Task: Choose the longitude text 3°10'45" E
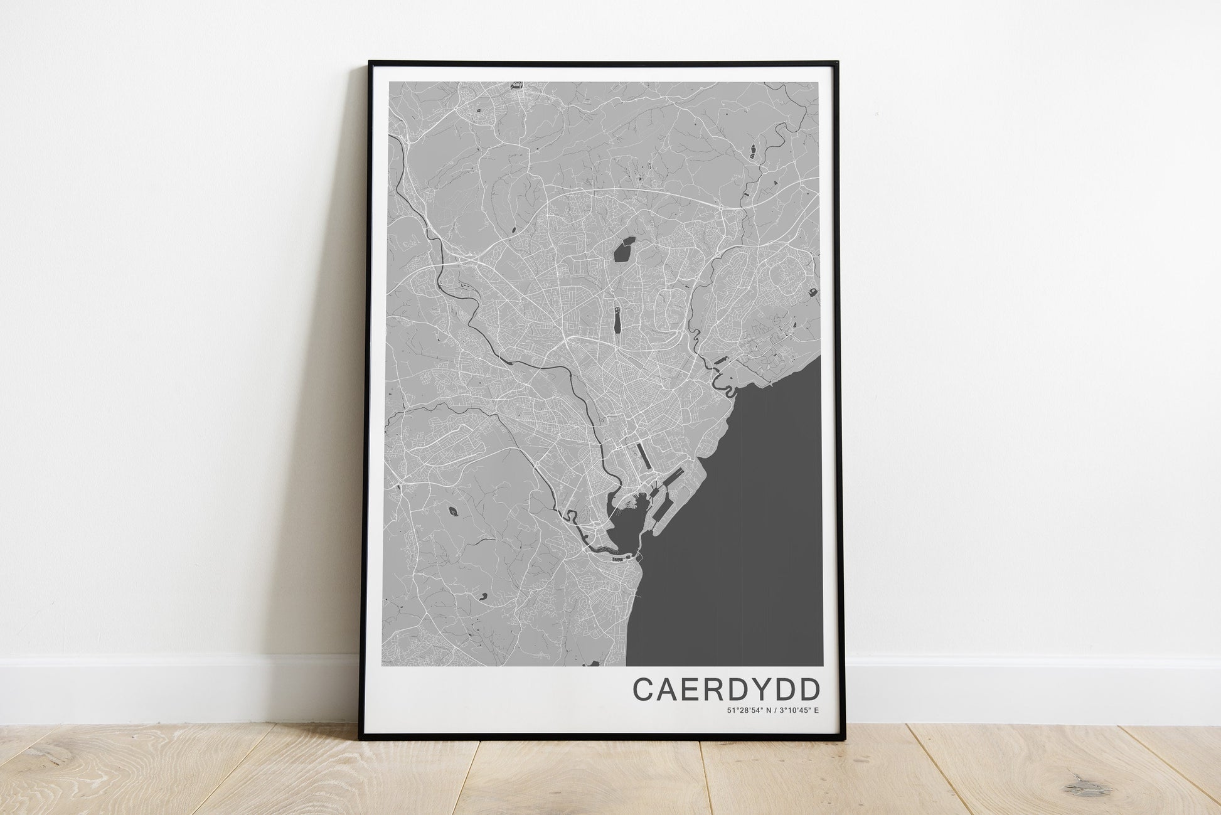coord(799,710)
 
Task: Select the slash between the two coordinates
coord(775,710)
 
